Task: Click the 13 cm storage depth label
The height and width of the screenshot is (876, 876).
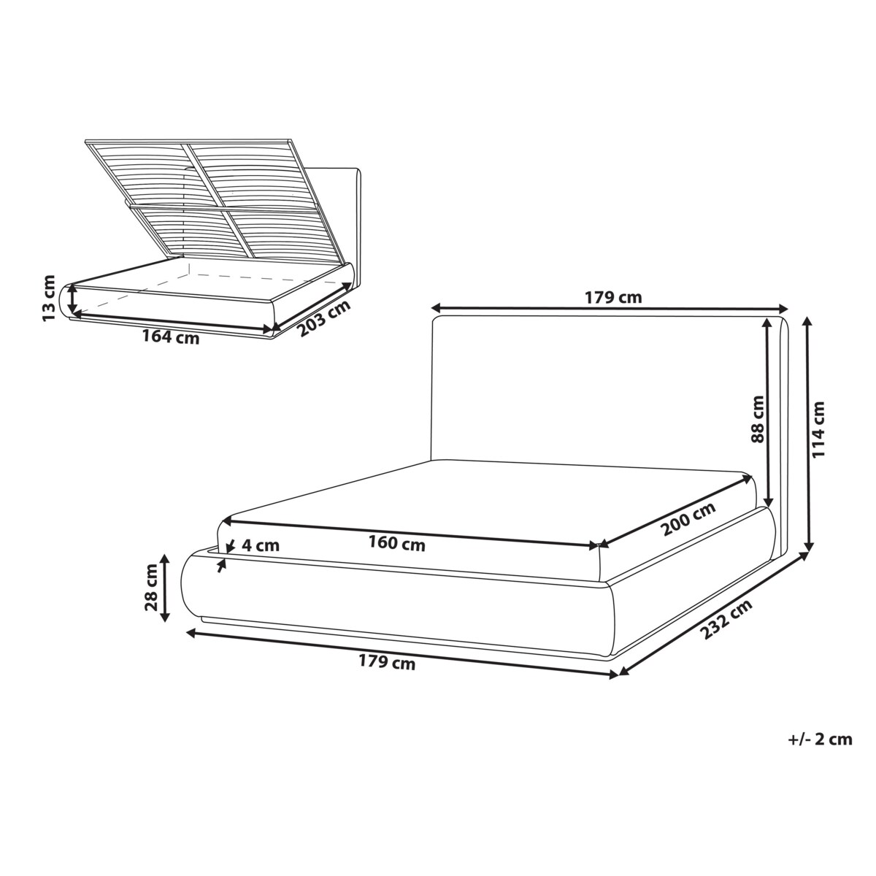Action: [x=48, y=299]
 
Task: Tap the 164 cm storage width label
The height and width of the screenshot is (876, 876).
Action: [x=171, y=337]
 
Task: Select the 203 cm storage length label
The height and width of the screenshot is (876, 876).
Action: [x=324, y=318]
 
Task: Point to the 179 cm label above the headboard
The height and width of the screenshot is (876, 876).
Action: [x=613, y=297]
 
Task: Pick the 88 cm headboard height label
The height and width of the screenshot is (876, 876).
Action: [x=757, y=419]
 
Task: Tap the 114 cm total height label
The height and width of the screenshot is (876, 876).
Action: [x=818, y=429]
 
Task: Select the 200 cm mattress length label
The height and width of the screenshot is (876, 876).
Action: [x=688, y=519]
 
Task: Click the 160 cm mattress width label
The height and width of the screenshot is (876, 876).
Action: [x=397, y=543]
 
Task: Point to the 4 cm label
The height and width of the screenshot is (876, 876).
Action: [x=261, y=545]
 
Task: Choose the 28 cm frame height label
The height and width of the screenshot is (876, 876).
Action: [x=151, y=588]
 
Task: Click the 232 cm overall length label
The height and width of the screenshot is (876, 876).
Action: [x=725, y=619]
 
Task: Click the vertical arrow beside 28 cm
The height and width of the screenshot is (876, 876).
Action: [x=165, y=588]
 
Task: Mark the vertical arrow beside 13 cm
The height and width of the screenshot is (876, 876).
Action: [x=72, y=299]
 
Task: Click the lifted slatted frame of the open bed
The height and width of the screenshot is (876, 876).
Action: [x=200, y=200]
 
